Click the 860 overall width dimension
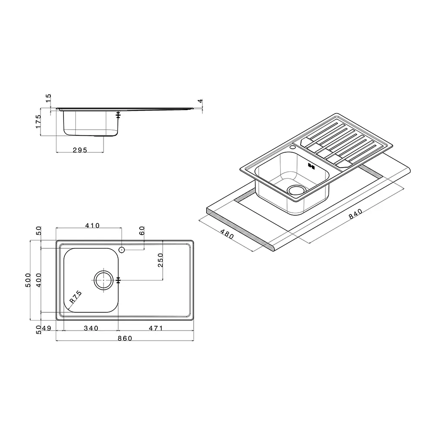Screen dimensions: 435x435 pyautogui.click(x=125, y=338)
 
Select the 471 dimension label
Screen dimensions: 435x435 pyautogui.click(x=156, y=328)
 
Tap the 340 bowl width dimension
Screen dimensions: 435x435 pyautogui.click(x=91, y=328)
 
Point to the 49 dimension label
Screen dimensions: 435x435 pyautogui.click(x=47, y=328)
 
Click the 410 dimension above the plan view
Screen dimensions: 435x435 pyautogui.click(x=92, y=225)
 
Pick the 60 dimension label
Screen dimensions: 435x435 pyautogui.click(x=142, y=231)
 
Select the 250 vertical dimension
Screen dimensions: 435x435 pyautogui.click(x=161, y=260)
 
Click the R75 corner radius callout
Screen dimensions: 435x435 pyautogui.click(x=75, y=297)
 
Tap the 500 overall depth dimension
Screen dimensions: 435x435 pyautogui.click(x=28, y=280)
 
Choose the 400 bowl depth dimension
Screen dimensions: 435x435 pyautogui.click(x=39, y=280)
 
